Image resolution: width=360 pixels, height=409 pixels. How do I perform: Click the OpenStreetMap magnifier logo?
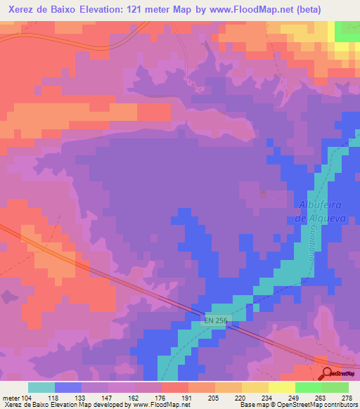tap(328, 373)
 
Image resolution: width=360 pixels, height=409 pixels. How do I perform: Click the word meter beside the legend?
tap(11, 398)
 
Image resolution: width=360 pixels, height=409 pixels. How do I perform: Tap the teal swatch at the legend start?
tap(41, 387)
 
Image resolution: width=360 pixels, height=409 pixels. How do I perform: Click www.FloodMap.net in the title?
tap(240, 10)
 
